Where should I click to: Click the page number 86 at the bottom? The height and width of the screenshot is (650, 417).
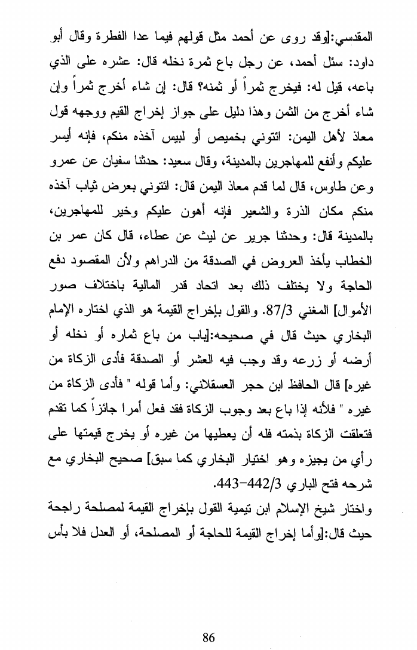pyautogui.click(x=208, y=637)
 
